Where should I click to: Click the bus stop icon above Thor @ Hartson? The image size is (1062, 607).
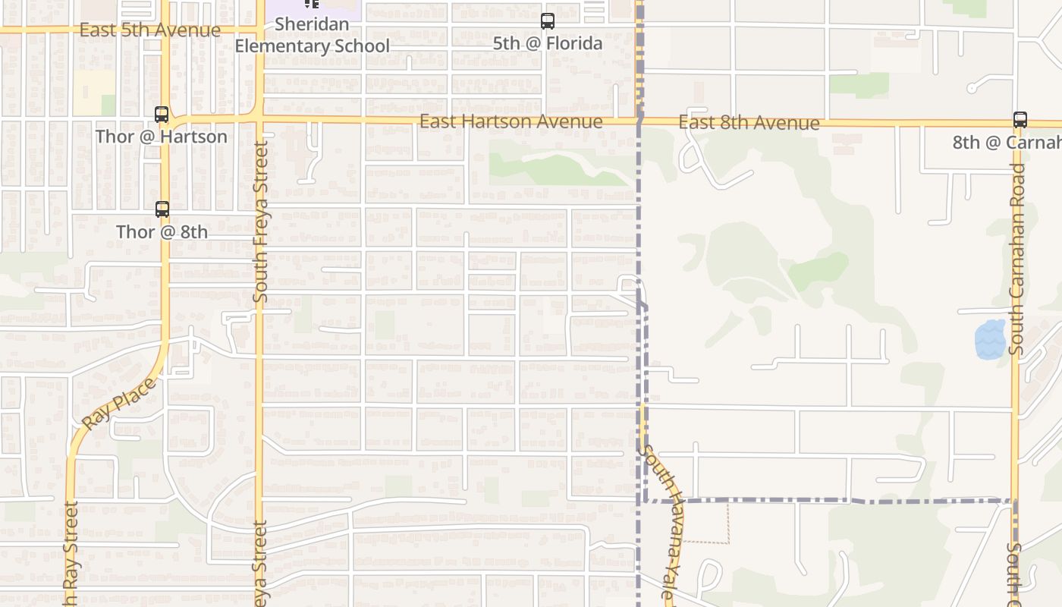pyautogui.click(x=162, y=115)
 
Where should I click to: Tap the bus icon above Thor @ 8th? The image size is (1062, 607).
pyautogui.click(x=162, y=209)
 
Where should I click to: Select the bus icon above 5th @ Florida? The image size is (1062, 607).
pyautogui.click(x=548, y=21)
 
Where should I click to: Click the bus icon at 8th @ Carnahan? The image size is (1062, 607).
pyautogui.click(x=1020, y=120)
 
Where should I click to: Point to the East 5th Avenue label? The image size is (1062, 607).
pyautogui.click(x=149, y=30)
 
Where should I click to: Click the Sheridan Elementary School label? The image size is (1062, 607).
pyautogui.click(x=312, y=36)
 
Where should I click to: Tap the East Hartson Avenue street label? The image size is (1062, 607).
pyautogui.click(x=511, y=121)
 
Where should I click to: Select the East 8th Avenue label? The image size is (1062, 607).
pyautogui.click(x=749, y=123)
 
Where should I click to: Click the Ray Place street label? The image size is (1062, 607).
pyautogui.click(x=118, y=403)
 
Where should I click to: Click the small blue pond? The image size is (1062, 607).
pyautogui.click(x=989, y=339)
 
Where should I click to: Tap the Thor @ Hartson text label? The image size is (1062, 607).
pyautogui.click(x=161, y=137)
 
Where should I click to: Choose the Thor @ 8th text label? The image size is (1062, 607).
pyautogui.click(x=162, y=231)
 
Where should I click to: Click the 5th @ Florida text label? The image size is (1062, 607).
pyautogui.click(x=548, y=43)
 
